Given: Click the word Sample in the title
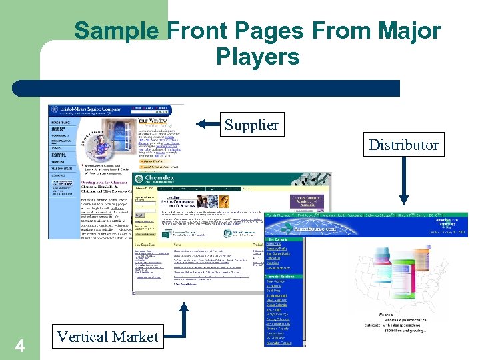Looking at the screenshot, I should pyautogui.click(x=116, y=31).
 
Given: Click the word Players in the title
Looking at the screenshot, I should pyautogui.click(x=257, y=57).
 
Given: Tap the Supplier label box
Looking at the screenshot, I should pyautogui.click(x=251, y=125).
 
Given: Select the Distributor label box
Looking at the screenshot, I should pyautogui.click(x=403, y=145).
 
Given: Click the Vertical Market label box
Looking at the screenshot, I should pyautogui.click(x=108, y=337).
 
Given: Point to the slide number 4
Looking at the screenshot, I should pyautogui.click(x=20, y=346).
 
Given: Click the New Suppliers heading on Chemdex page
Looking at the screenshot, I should pyautogui.click(x=145, y=245).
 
